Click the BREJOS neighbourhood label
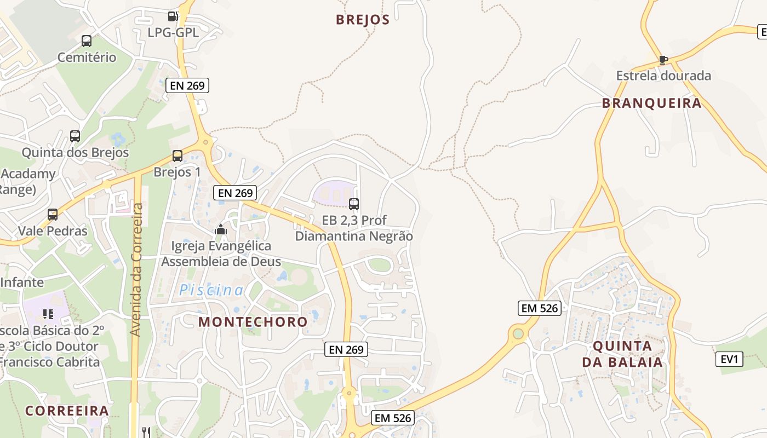pos(363,20)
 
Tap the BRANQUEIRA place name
pos(651,103)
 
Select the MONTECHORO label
pos(253,321)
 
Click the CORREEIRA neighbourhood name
pos(67,411)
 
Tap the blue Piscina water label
pos(211,290)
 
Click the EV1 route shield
pos(729,360)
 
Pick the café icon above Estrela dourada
pos(663,60)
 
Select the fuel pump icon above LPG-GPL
pos(173,16)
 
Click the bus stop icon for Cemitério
pos(87,41)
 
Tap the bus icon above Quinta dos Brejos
pos(75,136)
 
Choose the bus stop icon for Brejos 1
pos(178,156)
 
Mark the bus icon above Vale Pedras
pos(53,215)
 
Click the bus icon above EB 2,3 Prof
pos(354,204)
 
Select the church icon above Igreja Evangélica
pos(221,230)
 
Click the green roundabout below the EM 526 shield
pos(517,333)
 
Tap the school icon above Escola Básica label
pos(48,314)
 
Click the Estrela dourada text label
pos(663,76)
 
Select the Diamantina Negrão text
pos(354,236)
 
